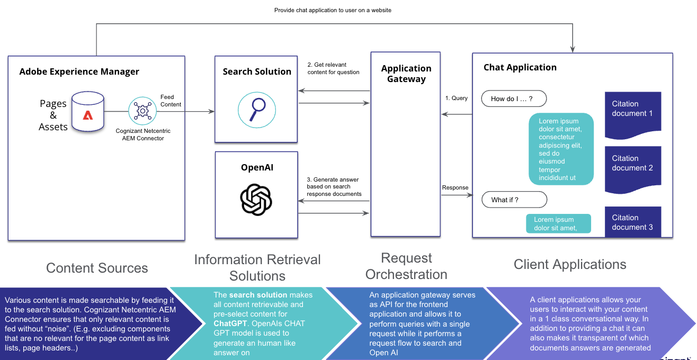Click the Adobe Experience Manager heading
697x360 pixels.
(79, 71)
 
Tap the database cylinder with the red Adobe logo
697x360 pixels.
(88, 112)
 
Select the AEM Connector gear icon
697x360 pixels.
(142, 111)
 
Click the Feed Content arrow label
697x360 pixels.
(171, 101)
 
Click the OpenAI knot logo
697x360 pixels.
(256, 200)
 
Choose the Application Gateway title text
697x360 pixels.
(406, 74)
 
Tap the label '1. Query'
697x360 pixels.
(456, 98)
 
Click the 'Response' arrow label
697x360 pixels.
(455, 187)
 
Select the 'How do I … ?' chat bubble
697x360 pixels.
(514, 98)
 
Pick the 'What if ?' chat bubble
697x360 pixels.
(514, 200)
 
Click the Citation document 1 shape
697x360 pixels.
(633, 113)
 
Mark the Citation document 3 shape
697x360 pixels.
(633, 222)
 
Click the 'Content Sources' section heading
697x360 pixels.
(97, 267)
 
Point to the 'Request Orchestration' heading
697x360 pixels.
(406, 266)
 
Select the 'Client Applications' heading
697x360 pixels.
(570, 264)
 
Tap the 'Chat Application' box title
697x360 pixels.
(520, 67)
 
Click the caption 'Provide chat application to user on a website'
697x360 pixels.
(333, 10)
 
